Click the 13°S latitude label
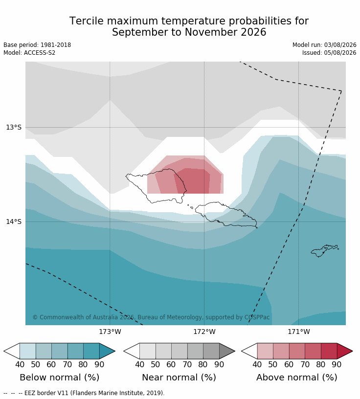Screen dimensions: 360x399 pos(14,127)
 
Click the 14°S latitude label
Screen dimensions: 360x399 pos(14,222)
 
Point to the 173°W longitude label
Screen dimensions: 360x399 pos(110,332)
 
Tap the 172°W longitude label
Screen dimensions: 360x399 pos(204,332)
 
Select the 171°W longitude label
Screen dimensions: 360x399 pos(299,332)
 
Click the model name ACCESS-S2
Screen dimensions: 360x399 pos(40,53)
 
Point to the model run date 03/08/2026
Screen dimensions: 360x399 pos(340,45)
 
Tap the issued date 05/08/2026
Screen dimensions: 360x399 pos(340,53)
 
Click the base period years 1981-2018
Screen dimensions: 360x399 pos(56,45)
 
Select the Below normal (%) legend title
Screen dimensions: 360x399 pos(60,377)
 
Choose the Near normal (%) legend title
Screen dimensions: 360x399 pos(179,377)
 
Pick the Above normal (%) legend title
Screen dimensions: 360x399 pos(296,377)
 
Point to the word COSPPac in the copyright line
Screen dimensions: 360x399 pos(257,317)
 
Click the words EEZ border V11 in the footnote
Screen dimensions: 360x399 pos(46,393)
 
